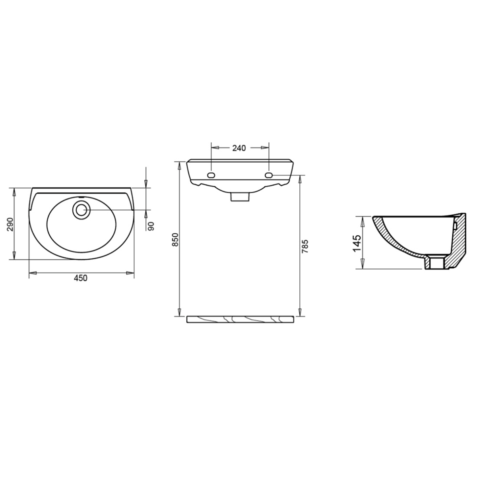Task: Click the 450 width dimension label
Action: click(81, 278)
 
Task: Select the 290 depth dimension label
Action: click(10, 224)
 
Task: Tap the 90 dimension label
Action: click(151, 226)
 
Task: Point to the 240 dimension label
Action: click(239, 148)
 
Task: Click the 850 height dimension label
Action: click(175, 240)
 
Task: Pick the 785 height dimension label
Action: click(305, 246)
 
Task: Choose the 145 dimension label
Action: click(357, 244)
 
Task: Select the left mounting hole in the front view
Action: click(211, 175)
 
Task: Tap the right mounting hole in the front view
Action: click(269, 175)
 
